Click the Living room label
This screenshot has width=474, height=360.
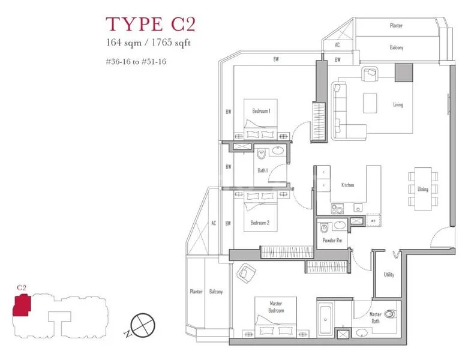pos(398,105)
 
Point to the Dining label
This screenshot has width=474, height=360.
pos(423,189)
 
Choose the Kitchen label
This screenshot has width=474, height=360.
pos(347,185)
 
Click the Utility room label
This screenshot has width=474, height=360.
pos(389,275)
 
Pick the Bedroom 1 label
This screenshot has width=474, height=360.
pos(261,111)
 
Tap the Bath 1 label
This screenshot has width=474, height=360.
pos(262,170)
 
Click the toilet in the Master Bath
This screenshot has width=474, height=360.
pos(391,313)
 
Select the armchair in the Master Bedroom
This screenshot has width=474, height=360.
pos(247,274)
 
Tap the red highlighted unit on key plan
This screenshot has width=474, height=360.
pos(23,305)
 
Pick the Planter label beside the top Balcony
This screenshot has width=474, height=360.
pos(396,26)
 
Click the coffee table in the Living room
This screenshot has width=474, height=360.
pos(370,103)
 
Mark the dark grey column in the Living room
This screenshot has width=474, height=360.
pos(404,72)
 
